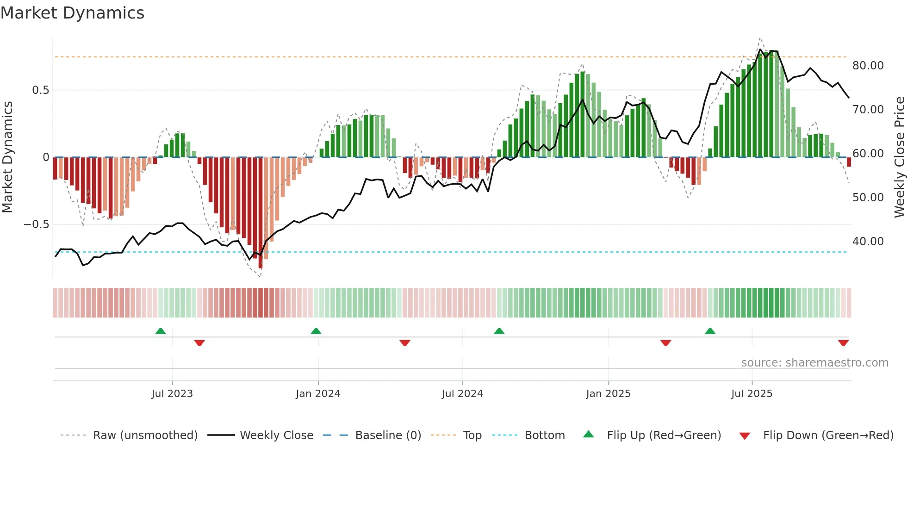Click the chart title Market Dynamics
point(72,13)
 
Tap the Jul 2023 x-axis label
point(172,394)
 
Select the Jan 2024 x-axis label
point(318,394)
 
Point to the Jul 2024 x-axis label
point(462,394)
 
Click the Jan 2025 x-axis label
point(608,394)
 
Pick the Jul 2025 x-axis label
point(752,394)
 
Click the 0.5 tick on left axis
point(40,90)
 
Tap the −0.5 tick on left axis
point(36,224)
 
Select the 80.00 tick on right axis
point(868,66)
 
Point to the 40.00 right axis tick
point(868,242)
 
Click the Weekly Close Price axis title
point(899,157)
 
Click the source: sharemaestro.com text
point(814,363)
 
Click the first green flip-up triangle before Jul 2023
point(161,331)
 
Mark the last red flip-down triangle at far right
point(843,343)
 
